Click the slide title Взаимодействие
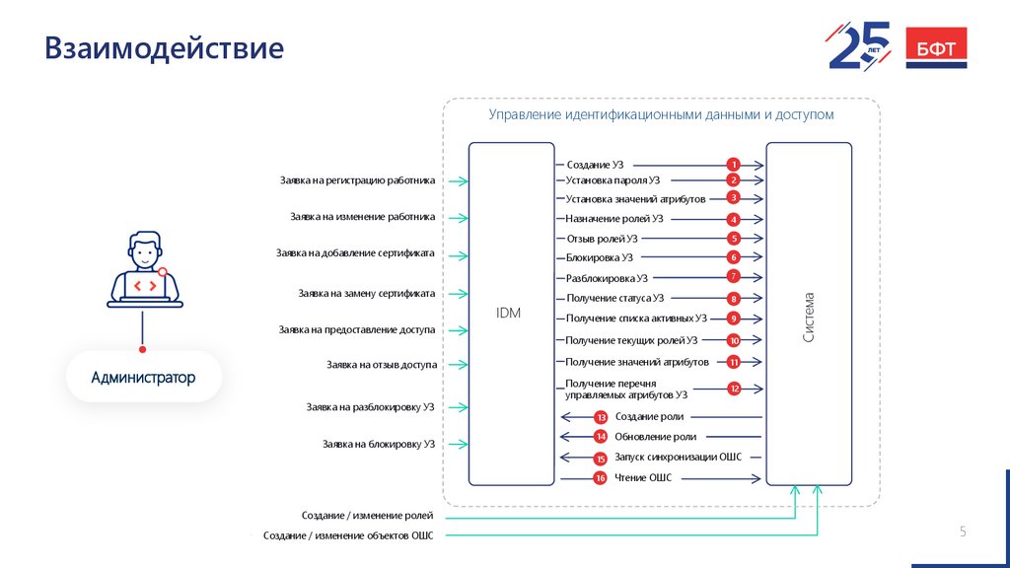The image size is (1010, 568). pyautogui.click(x=164, y=48)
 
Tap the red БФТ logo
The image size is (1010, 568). pyautogui.click(x=936, y=48)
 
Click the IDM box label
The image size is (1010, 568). pyautogui.click(x=508, y=314)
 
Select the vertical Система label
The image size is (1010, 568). pyautogui.click(x=809, y=317)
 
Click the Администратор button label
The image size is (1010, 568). pyautogui.click(x=143, y=378)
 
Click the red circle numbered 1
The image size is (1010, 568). pyautogui.click(x=733, y=164)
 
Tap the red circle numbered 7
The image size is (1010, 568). pyautogui.click(x=733, y=276)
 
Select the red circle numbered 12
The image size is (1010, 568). pyautogui.click(x=734, y=389)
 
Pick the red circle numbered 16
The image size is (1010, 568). pyautogui.click(x=600, y=478)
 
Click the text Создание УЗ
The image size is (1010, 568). pyautogui.click(x=595, y=165)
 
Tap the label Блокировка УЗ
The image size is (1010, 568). pyautogui.click(x=599, y=257)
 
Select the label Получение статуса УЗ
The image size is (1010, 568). pyautogui.click(x=614, y=298)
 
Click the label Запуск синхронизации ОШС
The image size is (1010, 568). pyautogui.click(x=678, y=458)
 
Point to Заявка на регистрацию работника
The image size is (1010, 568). pyautogui.click(x=357, y=180)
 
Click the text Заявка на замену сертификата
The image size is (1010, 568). pyautogui.click(x=366, y=293)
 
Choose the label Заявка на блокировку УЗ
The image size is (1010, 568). pyautogui.click(x=378, y=444)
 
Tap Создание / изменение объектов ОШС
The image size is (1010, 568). pyautogui.click(x=347, y=535)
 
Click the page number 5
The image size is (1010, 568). pyautogui.click(x=963, y=532)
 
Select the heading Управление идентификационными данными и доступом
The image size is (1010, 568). pyautogui.click(x=661, y=114)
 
